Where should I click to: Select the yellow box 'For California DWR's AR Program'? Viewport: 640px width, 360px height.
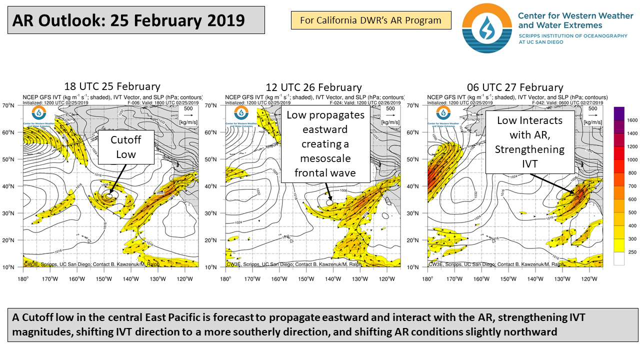point(370,20)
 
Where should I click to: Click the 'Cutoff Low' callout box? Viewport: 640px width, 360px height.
point(125,147)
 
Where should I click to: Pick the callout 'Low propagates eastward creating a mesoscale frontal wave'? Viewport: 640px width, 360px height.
point(325,144)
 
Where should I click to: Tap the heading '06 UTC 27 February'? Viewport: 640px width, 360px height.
point(514,87)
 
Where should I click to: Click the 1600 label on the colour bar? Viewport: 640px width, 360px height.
point(632,120)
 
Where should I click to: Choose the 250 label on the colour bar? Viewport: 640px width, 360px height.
point(632,252)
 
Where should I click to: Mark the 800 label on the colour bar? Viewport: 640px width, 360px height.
point(632,173)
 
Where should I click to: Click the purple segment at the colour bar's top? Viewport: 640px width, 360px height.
point(620,113)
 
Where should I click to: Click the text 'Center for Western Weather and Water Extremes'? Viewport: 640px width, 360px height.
point(575,20)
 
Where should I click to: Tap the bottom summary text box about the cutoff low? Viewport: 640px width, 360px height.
point(320,325)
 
